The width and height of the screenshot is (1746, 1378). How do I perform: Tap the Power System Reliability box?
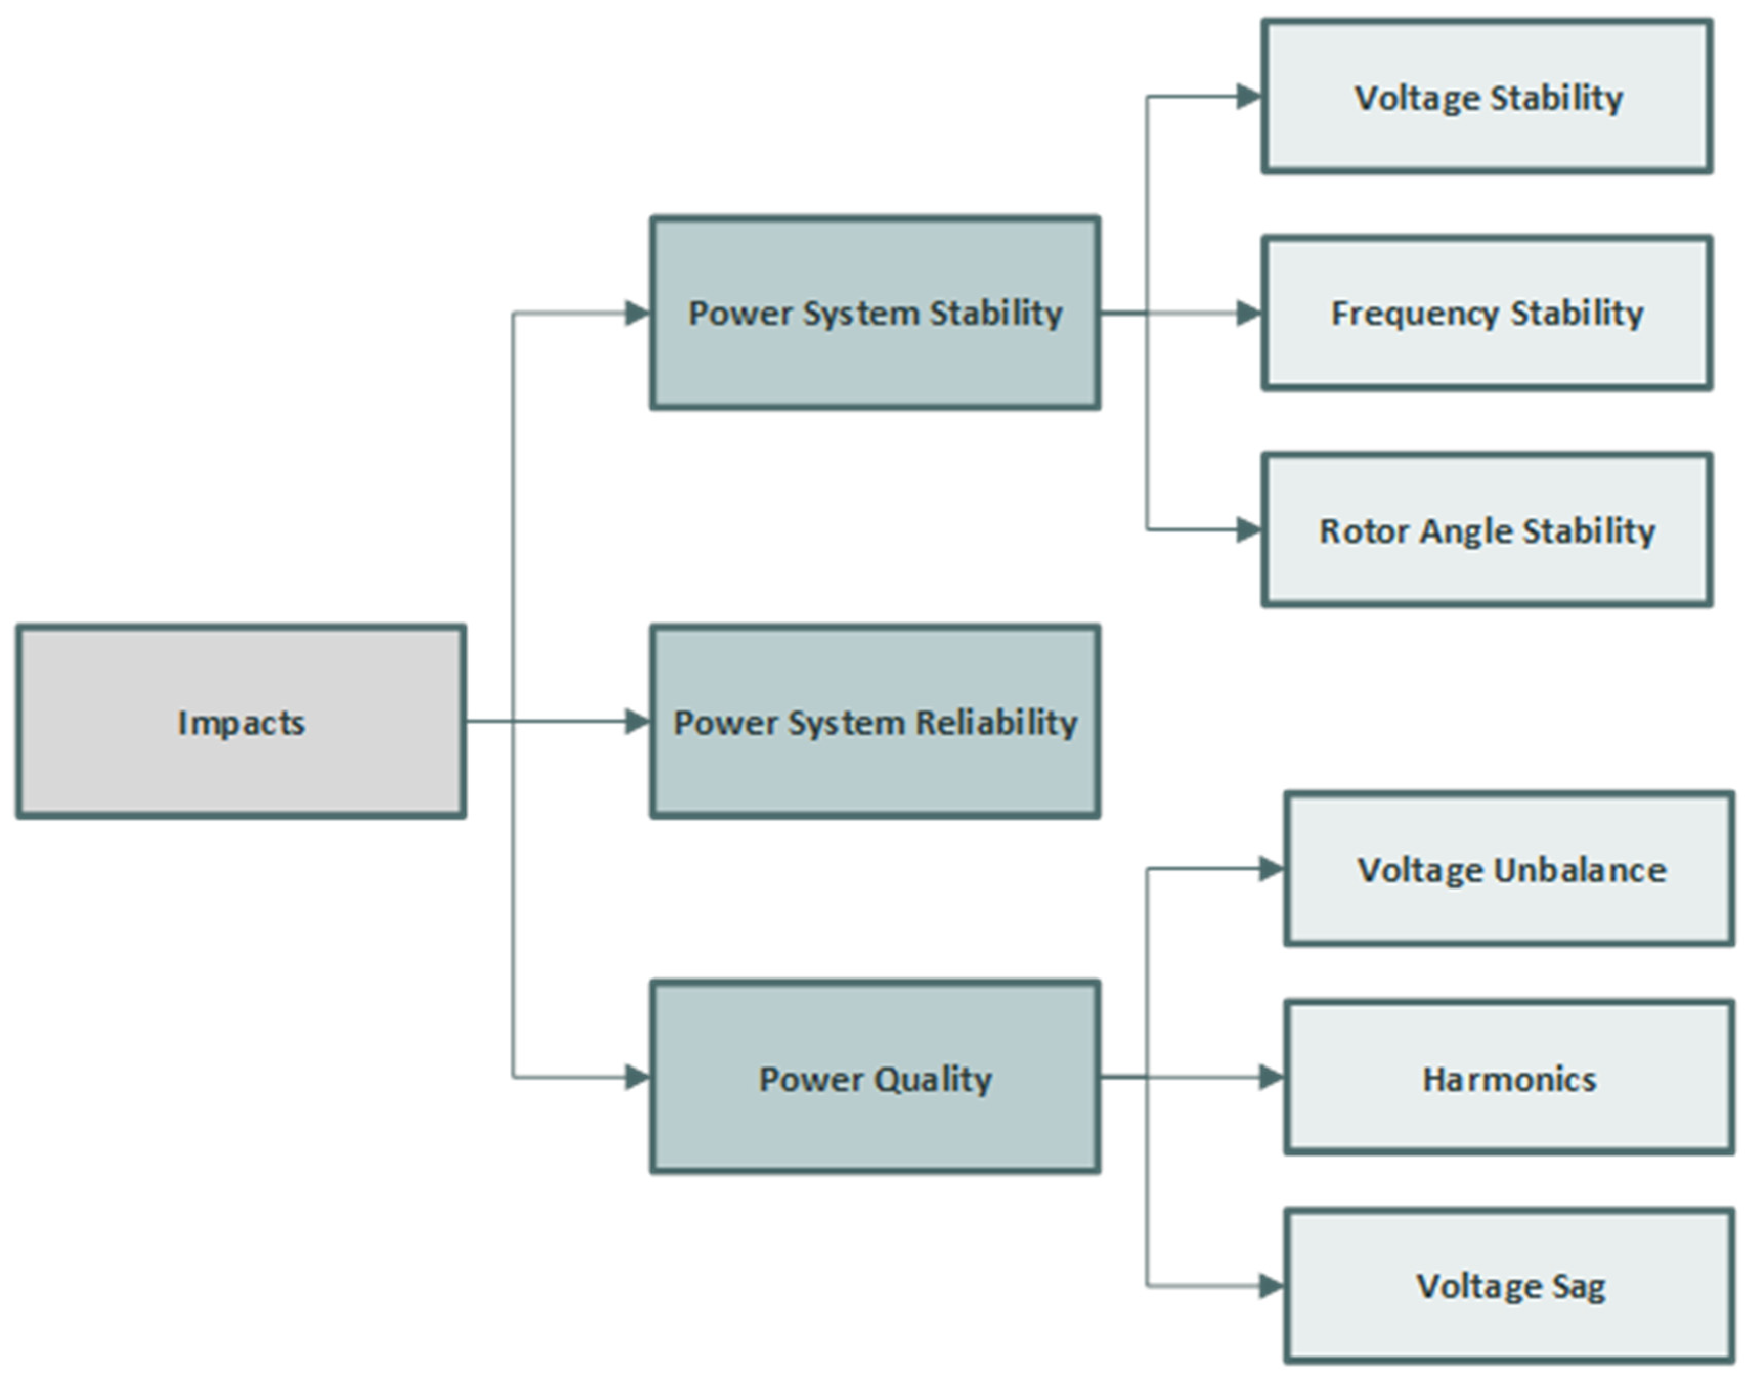pyautogui.click(x=875, y=721)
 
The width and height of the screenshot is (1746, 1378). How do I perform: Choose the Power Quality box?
pyautogui.click(x=875, y=1077)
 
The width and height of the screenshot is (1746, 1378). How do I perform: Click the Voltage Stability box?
pyautogui.click(x=1487, y=97)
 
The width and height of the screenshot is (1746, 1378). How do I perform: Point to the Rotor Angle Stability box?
pyautogui.click(x=1487, y=530)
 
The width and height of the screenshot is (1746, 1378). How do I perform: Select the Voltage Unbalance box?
pyautogui.click(x=1510, y=869)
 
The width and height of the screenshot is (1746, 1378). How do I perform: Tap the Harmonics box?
pyautogui.click(x=1510, y=1078)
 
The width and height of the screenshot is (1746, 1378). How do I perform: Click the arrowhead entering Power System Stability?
pyautogui.click(x=638, y=313)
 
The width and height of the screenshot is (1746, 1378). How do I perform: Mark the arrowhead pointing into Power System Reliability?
pyautogui.click(x=638, y=721)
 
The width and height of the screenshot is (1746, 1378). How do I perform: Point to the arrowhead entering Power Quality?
pyautogui.click(x=638, y=1077)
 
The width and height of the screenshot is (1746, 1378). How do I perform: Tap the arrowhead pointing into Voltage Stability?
pyautogui.click(x=1249, y=97)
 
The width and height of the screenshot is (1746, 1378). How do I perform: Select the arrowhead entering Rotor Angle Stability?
pyautogui.click(x=1249, y=530)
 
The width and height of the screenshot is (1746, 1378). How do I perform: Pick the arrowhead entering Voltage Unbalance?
pyautogui.click(x=1271, y=869)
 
